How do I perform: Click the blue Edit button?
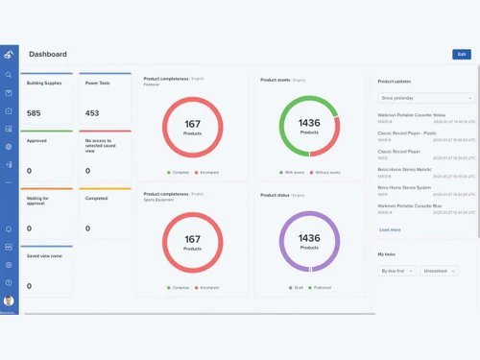461,55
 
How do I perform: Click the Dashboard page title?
48,55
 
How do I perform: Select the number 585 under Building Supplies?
34,113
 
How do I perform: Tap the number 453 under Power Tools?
92,113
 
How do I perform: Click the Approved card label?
36,140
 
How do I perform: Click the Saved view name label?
44,255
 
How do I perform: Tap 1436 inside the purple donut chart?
309,238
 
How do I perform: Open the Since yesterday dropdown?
425,98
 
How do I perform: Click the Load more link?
390,229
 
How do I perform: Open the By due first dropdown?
396,271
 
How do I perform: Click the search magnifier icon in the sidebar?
9,75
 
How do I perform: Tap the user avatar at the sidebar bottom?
9,300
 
